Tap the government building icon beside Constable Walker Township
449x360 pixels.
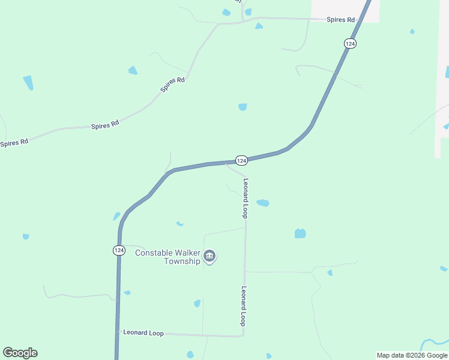pos(209,257)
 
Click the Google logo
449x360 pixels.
pos(20,353)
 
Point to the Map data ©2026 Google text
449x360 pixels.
pos(412,355)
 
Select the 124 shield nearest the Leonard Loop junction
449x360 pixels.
pos(241,160)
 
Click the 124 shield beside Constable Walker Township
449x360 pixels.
pos(119,250)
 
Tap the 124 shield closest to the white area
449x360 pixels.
pos(351,43)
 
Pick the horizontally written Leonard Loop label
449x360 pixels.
pos(143,332)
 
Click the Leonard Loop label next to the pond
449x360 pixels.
pos(245,198)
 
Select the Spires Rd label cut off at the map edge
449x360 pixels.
pos(14,143)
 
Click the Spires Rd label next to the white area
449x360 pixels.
pos(340,20)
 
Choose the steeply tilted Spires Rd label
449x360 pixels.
pos(172,84)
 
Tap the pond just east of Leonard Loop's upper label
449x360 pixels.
pos(263,203)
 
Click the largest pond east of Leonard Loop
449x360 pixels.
pos(300,233)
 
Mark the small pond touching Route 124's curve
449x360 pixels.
pos(116,216)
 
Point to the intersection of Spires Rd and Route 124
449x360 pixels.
pos(359,20)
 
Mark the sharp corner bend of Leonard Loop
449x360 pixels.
pos(244,335)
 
